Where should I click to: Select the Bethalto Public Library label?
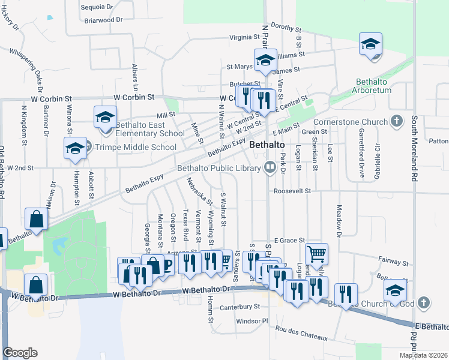coord(220,167)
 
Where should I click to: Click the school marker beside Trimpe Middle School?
coord(76,149)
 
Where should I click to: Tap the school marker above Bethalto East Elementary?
coord(106,117)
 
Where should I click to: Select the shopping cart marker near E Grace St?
coord(316,253)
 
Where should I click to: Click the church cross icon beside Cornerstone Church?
coord(396,122)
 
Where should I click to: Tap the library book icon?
coord(270,167)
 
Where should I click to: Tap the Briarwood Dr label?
coord(103,20)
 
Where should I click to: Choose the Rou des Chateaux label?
coord(300,333)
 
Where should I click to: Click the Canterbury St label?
coord(240,306)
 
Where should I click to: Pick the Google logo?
coord(20,353)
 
